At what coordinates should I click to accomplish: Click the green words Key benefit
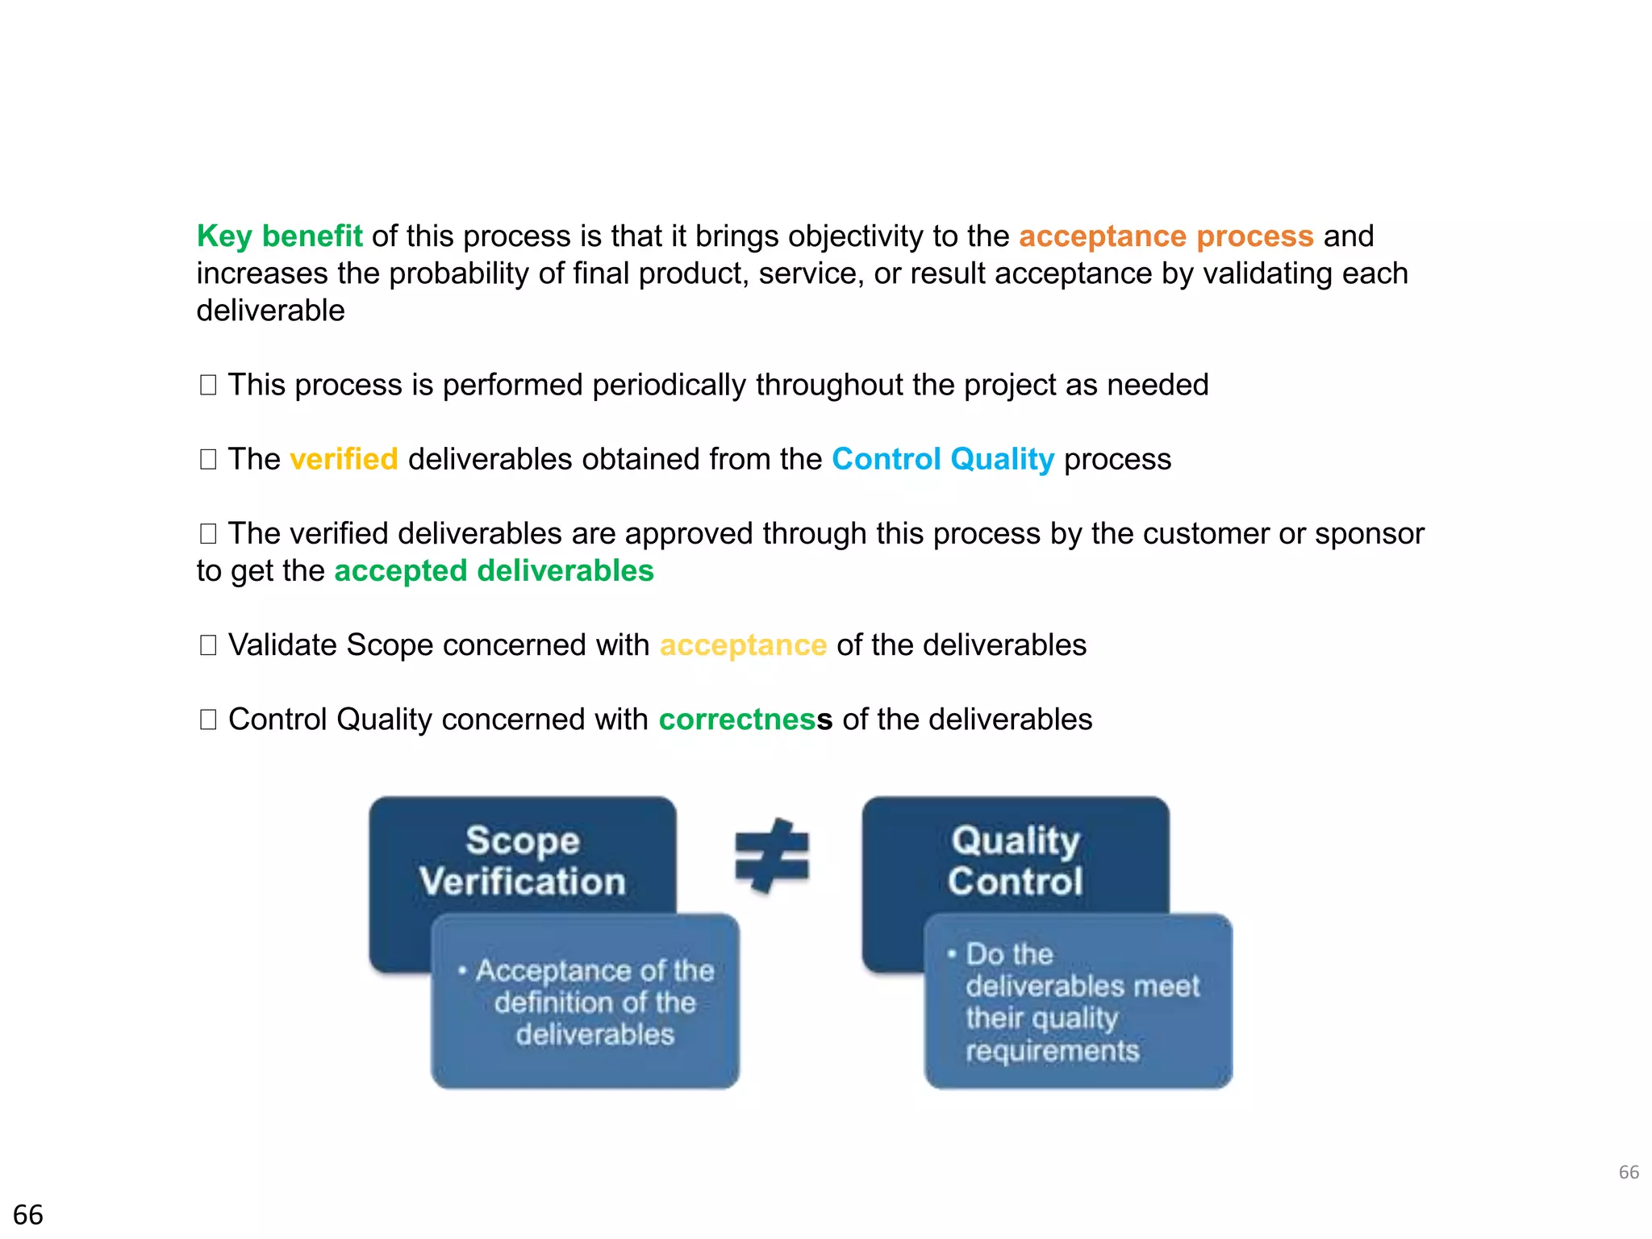click(279, 236)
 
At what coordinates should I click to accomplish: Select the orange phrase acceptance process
click(1166, 236)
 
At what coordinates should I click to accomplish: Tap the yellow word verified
click(344, 459)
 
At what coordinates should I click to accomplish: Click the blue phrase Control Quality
click(942, 459)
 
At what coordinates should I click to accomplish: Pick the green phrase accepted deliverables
click(494, 571)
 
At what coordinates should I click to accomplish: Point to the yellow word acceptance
click(743, 645)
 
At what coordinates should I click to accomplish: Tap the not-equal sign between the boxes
click(772, 857)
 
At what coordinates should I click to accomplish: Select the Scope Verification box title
click(523, 861)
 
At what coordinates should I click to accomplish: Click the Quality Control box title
click(1015, 861)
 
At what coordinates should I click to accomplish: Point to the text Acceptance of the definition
click(594, 986)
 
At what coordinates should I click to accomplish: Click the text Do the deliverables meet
click(1081, 970)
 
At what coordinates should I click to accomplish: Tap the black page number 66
click(28, 1215)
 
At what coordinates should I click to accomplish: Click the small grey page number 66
click(1628, 1172)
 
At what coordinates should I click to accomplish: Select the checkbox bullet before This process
click(208, 386)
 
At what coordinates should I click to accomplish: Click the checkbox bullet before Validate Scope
click(208, 645)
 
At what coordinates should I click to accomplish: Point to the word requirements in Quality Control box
click(1052, 1051)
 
